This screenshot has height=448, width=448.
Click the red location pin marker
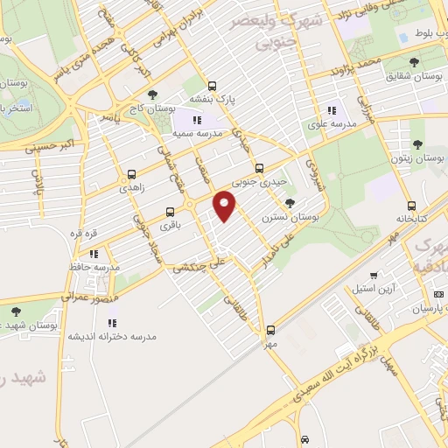coord(226,206)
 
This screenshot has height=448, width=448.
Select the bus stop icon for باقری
coord(170,211)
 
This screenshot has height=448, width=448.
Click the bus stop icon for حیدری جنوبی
coord(258,168)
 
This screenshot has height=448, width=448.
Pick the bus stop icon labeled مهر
coord(269,330)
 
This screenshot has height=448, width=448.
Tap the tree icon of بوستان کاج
coord(152,94)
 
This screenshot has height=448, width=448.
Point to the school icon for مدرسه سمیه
coord(197,120)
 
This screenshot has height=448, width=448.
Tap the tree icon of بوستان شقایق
coord(414,61)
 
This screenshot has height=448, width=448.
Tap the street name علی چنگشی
coord(202,260)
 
